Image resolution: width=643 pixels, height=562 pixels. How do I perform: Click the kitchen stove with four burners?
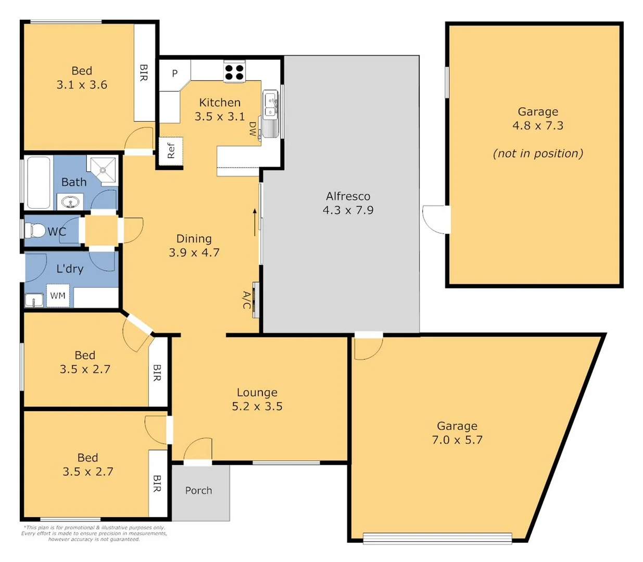click(x=234, y=72)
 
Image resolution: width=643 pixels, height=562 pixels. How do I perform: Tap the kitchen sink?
click(x=270, y=106)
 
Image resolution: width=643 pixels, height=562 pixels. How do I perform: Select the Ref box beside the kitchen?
click(x=171, y=151)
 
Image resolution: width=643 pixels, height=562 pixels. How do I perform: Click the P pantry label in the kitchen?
click(x=175, y=73)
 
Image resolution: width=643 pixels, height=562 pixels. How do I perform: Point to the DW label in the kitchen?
click(x=253, y=129)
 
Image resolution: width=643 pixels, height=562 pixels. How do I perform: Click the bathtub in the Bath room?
click(x=39, y=183)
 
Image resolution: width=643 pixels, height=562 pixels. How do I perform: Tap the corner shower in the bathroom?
click(x=104, y=170)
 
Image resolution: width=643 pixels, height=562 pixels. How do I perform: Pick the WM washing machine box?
click(x=58, y=296)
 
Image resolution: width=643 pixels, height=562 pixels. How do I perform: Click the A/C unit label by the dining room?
click(x=247, y=300)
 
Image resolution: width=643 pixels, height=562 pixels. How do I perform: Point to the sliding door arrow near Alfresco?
click(x=255, y=222)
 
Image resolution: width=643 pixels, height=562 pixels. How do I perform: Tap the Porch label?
click(x=198, y=490)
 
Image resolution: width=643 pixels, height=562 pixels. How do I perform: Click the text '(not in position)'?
click(x=538, y=154)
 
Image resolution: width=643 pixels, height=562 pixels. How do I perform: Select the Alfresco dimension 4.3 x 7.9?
click(x=348, y=210)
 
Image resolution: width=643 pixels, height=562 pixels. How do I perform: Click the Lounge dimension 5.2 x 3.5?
click(x=257, y=406)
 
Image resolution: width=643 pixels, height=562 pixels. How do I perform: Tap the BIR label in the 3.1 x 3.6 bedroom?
click(x=144, y=72)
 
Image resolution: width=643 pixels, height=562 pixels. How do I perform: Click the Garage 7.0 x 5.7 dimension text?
click(x=457, y=440)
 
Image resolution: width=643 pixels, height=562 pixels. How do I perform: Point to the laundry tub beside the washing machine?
click(x=34, y=300)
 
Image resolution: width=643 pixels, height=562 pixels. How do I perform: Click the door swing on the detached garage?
click(x=435, y=219)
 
